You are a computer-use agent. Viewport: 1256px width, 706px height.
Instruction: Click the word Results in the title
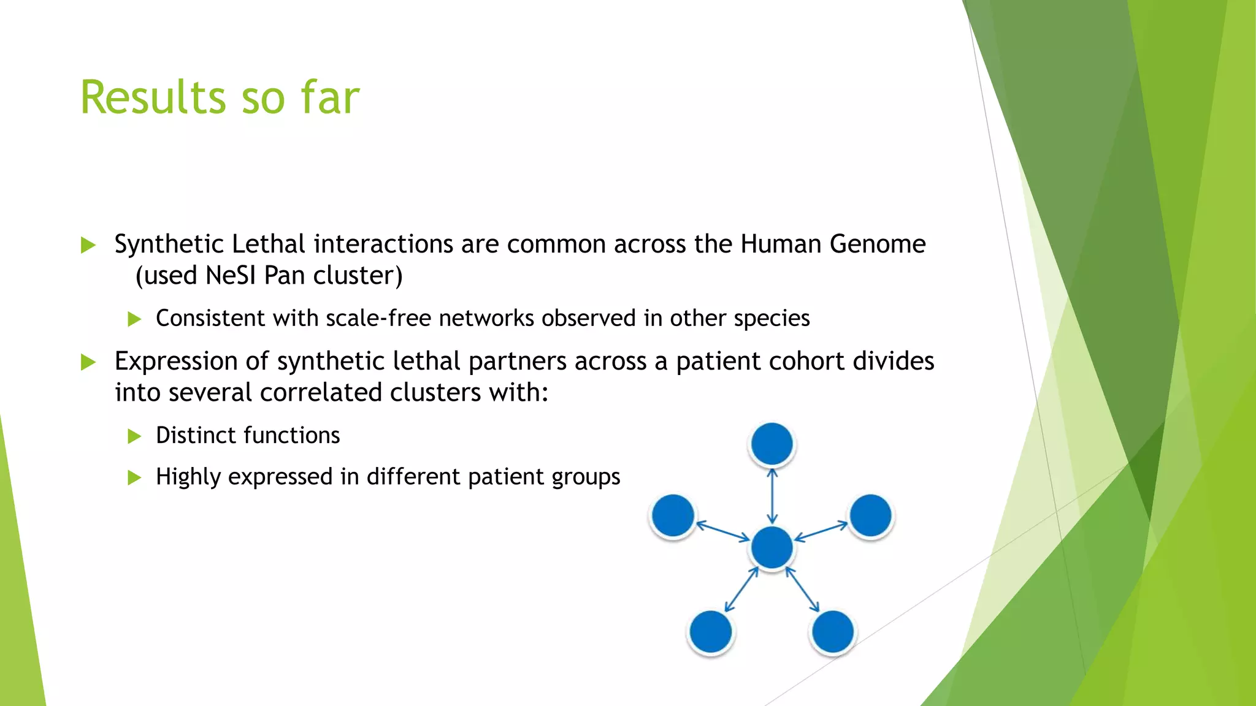[x=152, y=98]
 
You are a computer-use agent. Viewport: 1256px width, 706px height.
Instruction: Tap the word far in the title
[x=330, y=98]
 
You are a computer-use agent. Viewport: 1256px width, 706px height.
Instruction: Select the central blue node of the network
[x=772, y=547]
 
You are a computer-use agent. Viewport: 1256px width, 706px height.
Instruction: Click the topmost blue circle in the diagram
[x=772, y=444]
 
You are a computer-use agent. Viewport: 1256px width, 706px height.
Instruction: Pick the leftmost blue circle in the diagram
[x=673, y=515]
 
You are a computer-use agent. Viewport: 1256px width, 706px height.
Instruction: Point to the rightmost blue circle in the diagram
[x=871, y=515]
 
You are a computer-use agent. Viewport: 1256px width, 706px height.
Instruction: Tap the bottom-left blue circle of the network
[x=710, y=631]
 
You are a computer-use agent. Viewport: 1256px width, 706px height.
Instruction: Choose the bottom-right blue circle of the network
[x=832, y=631]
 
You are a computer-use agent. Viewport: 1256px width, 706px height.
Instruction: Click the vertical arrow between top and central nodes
[x=772, y=496]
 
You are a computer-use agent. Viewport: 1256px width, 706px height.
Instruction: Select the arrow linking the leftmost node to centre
[x=723, y=531]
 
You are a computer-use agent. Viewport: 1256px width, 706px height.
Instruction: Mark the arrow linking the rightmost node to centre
[x=821, y=531]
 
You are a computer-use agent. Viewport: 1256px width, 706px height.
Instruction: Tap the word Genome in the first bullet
[x=877, y=244]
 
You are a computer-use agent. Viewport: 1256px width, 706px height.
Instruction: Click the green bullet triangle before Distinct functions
[x=134, y=436]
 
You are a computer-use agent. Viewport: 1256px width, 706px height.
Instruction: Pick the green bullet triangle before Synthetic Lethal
[x=88, y=246]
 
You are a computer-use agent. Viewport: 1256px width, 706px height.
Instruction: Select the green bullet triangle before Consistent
[x=134, y=319]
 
